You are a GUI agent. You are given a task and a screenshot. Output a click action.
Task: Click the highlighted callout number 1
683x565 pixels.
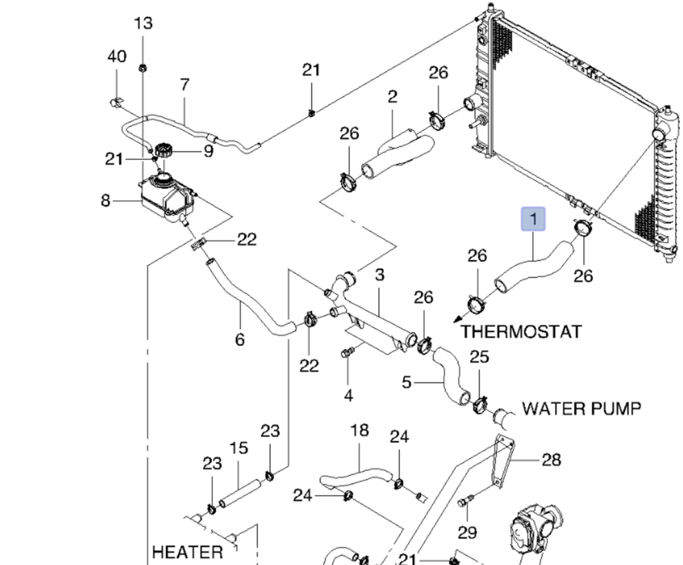click(533, 219)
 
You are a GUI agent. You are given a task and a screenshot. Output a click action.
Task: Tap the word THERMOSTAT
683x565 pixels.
click(521, 332)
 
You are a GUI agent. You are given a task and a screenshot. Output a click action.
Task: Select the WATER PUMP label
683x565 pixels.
click(581, 409)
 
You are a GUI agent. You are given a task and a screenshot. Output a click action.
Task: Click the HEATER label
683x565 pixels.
click(187, 552)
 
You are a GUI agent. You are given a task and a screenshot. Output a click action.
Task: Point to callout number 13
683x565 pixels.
click(143, 23)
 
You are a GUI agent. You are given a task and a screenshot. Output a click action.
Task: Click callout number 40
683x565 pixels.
click(117, 56)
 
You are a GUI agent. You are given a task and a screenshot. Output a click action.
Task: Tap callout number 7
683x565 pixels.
click(184, 85)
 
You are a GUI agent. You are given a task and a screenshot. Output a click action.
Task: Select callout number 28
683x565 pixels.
click(551, 460)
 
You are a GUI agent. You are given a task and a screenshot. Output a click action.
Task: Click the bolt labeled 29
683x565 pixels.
click(463, 502)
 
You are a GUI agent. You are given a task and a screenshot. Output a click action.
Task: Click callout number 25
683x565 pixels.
click(479, 357)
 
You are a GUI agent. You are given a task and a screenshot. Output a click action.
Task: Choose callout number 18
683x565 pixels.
click(359, 430)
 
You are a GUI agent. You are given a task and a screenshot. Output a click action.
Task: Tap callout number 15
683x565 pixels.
click(239, 448)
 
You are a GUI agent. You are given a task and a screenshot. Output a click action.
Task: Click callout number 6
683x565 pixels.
click(240, 339)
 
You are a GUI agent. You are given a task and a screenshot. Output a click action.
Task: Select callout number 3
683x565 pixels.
click(379, 275)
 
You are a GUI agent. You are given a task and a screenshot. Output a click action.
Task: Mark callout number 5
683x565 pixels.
click(407, 382)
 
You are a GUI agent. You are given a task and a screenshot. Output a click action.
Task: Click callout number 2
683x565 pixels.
click(392, 96)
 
